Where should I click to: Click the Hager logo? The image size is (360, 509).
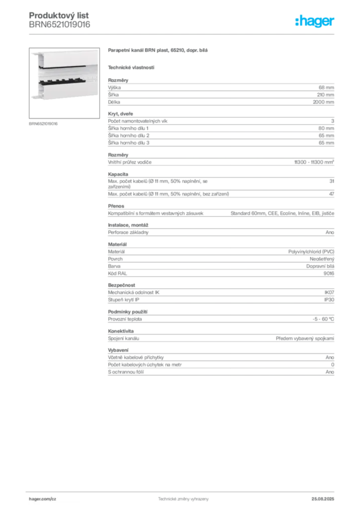point(314,21)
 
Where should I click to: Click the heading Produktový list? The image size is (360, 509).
point(59,15)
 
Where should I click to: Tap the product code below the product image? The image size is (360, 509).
point(43,124)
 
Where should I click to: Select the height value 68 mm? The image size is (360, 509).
point(326,87)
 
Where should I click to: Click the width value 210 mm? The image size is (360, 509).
point(326,95)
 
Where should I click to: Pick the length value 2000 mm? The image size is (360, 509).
point(323,102)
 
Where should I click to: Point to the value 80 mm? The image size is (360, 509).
point(326,128)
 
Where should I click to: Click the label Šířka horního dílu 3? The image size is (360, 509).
point(129,143)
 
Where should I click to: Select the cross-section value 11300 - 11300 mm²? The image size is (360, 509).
point(314,162)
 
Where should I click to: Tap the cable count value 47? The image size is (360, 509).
point(332,194)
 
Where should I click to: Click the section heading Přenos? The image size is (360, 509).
point(116,206)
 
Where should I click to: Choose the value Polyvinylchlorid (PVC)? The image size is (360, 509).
point(311,252)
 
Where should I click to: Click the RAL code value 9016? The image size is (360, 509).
point(329,273)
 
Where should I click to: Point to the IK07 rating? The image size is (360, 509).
point(329,292)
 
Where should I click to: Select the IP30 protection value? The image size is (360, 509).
point(329,300)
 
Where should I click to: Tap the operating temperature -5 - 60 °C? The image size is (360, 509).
point(323,319)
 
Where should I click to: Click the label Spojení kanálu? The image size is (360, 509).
point(123,338)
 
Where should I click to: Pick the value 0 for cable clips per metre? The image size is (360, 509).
point(333,364)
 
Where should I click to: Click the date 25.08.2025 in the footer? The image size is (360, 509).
point(323,499)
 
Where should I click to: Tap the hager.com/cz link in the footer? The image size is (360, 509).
point(43,499)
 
